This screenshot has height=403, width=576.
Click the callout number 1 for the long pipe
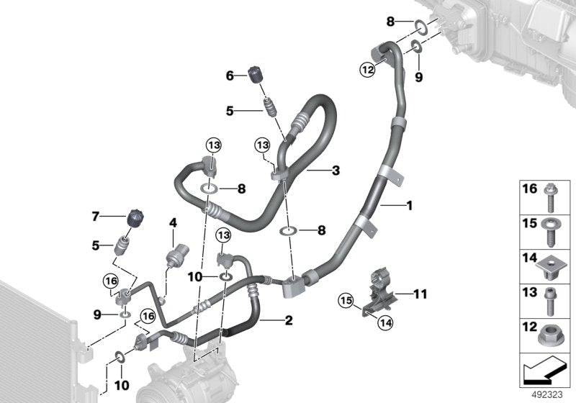pos(410,207)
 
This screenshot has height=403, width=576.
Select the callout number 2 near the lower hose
pos(288,320)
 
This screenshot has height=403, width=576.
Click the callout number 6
pos(230,75)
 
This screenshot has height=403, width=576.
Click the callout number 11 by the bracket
pos(420,293)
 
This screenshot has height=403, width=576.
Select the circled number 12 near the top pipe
pos(368,69)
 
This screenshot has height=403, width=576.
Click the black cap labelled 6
pos(254,74)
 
